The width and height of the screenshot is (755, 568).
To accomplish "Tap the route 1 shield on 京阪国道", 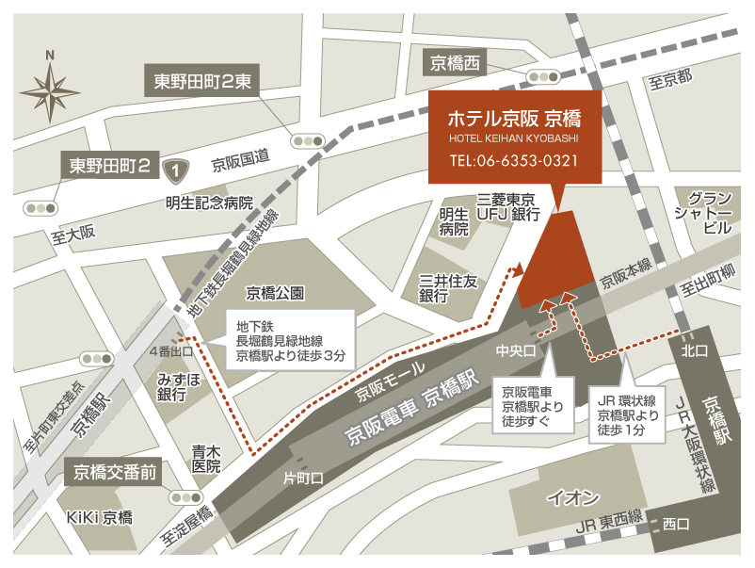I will click(173, 170).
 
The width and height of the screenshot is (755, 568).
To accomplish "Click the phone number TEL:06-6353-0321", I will click(513, 160).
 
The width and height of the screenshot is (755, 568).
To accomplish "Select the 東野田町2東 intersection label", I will click(202, 81).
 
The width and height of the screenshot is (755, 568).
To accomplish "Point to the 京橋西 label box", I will click(456, 63).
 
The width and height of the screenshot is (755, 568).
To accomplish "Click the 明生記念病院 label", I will click(210, 203).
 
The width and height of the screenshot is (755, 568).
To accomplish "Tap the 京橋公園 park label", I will click(274, 293).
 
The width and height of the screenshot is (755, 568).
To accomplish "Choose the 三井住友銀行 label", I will click(449, 288).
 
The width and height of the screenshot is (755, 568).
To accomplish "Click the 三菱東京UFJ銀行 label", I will click(506, 208).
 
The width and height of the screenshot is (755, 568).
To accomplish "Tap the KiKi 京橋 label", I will click(99, 517).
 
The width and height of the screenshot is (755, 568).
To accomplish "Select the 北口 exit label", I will click(697, 349).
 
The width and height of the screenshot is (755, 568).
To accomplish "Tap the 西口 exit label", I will click(675, 524).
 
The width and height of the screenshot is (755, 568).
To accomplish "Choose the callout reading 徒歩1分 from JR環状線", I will click(619, 414).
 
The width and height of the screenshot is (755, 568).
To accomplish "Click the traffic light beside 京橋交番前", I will click(181, 495).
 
